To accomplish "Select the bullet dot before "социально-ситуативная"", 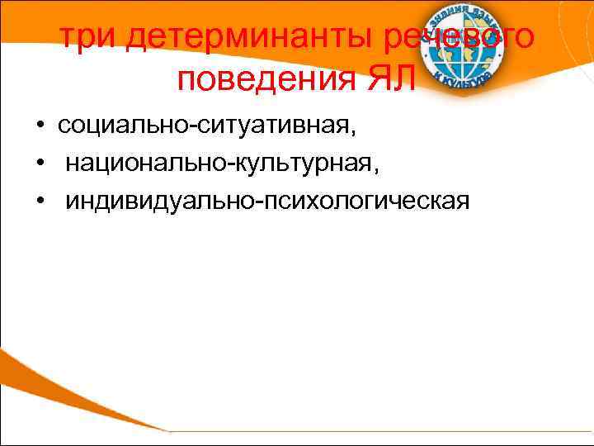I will tap(40, 126).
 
